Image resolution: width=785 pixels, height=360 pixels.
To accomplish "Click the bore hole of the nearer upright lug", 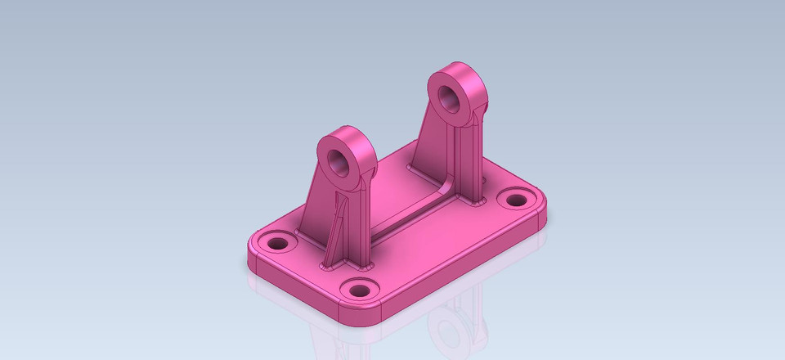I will coord(338,160).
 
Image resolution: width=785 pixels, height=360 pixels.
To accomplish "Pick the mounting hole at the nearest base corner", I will coord(357,289).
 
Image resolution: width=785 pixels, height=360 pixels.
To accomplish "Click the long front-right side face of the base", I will coord(466,270).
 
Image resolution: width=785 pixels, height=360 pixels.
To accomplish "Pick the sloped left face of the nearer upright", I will coord(315,205).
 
